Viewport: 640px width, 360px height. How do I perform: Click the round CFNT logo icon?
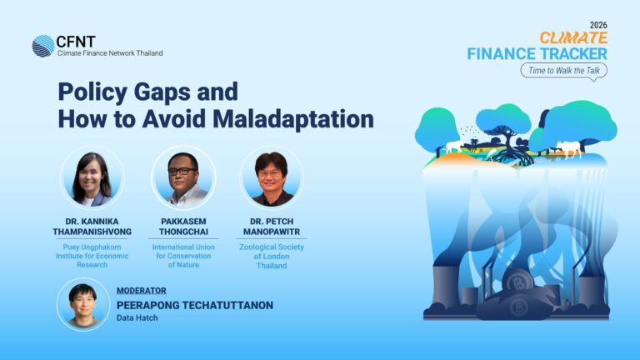coord(43,46)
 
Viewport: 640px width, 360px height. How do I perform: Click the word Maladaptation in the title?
coord(293,119)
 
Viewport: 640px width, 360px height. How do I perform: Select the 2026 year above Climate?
coord(598,25)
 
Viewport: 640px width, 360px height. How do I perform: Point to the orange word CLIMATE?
coord(573,38)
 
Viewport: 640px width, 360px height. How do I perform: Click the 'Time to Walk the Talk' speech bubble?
coord(563,71)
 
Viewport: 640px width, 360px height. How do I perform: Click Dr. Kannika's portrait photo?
coord(92,177)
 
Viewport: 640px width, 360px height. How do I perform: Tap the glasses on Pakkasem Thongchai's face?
coord(182,171)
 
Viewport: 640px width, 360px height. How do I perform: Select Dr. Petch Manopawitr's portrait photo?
coord(272,177)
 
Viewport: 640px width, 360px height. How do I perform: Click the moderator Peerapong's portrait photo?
coord(83,304)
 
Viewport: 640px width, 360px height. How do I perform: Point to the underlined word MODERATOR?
coord(141,291)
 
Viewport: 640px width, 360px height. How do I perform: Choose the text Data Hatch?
coord(137,317)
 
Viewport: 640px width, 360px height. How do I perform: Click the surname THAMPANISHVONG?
coord(92,232)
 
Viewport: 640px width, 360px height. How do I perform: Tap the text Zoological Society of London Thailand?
coord(272,257)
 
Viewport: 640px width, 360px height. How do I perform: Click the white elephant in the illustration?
coord(453,147)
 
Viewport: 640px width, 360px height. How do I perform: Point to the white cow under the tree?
coord(568,148)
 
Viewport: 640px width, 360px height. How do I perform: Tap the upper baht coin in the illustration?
coord(519,282)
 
